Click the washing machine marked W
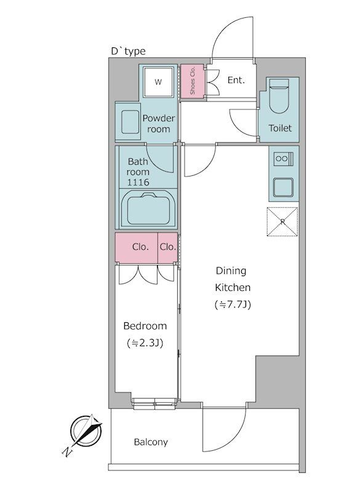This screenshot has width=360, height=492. point(158,82)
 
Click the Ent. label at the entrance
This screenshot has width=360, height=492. point(236,81)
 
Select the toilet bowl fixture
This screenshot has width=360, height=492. point(279,96)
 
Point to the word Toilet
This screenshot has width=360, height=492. point(280,128)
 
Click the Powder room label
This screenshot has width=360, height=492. point(159,124)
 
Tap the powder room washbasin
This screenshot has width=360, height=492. point(130,122)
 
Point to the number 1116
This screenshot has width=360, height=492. point(138,182)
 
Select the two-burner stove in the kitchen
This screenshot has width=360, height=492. point(284,159)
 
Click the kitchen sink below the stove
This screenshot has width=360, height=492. point(284,187)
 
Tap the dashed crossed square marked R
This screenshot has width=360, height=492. point(282,221)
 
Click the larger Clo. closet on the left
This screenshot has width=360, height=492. point(136,247)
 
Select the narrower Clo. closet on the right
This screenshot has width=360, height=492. point(167,247)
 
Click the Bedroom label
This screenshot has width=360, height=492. point(145,326)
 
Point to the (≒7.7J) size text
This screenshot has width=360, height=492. point(233,304)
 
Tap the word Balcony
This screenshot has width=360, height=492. point(151,442)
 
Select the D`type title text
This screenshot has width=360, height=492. point(129,52)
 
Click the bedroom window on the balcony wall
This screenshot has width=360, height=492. point(154,404)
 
